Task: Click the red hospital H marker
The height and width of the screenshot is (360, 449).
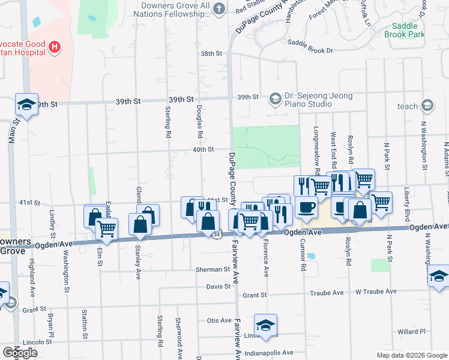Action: coord(55,47)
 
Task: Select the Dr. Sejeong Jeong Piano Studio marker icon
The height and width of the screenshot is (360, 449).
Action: coord(275,98)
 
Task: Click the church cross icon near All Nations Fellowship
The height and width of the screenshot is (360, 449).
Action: coord(219,8)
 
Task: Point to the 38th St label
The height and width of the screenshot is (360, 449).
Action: coord(211,53)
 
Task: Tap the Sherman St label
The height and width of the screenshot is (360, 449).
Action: coord(212,269)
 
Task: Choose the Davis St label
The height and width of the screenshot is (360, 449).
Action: coord(218,286)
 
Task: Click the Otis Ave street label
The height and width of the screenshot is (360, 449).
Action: coord(218,320)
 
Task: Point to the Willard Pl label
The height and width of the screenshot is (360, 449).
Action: coord(411,331)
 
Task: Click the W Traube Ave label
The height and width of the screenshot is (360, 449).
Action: coord(376,292)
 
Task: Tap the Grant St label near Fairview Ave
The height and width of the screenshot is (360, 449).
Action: coord(255,295)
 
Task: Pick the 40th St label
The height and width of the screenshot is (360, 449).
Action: coord(203,149)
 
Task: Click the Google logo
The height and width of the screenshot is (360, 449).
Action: coord(19,353)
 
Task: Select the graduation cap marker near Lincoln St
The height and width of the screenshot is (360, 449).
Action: coord(265,325)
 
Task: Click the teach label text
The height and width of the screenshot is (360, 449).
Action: coord(408,106)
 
